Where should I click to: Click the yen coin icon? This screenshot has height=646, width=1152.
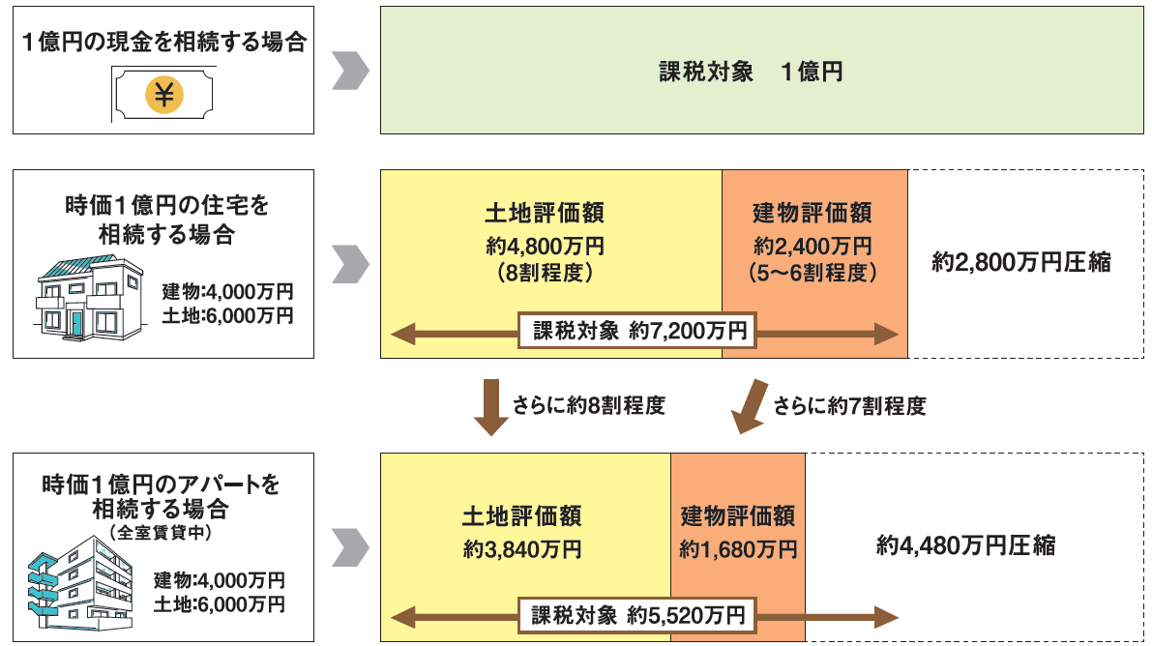(x=163, y=94)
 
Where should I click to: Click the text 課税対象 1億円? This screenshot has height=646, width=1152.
(x=750, y=72)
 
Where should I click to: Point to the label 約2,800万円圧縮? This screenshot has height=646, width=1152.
(x=1021, y=262)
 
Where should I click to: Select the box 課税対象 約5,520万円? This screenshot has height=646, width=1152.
(x=638, y=615)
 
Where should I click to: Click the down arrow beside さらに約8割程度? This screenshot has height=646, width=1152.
(x=491, y=406)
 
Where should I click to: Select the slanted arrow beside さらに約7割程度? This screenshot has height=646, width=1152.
(x=747, y=406)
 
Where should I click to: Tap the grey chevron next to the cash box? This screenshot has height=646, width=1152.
(x=350, y=72)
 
